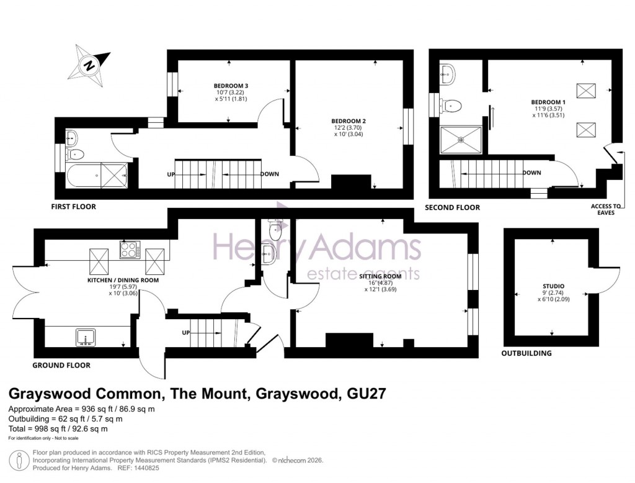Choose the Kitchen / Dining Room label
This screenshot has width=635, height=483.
[122, 280]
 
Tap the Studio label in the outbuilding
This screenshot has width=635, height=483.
[554, 286]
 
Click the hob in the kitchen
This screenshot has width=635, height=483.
[130, 251]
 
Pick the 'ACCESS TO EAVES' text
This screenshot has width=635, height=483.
[608, 209]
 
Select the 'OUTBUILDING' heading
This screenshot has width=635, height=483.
[526, 353]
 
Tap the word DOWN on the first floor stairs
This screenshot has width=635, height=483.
[269, 174]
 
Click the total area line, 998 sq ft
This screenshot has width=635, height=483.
[58, 428]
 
